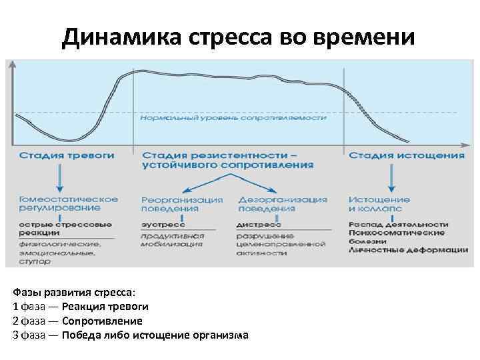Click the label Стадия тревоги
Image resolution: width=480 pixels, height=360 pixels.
[66, 155]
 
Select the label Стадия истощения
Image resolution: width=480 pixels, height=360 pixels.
[407, 155]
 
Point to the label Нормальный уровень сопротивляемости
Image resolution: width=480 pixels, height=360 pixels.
[233, 118]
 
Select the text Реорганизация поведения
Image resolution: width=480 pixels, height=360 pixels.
[182, 203]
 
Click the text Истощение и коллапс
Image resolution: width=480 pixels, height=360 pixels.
[379, 203]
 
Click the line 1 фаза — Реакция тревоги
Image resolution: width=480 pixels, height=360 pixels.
[81, 307]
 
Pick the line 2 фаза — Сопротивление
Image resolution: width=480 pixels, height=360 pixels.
[77, 321]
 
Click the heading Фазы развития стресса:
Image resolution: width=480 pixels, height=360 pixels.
[73, 293]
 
